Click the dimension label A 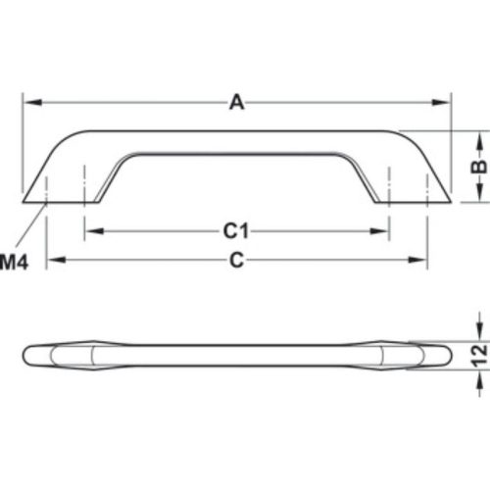pyautogui.click(x=235, y=101)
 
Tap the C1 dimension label pyautogui.click(x=233, y=231)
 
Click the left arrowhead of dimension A pyautogui.click(x=29, y=102)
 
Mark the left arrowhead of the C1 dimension pyautogui.click(x=91, y=232)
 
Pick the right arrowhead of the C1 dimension pyautogui.click(x=383, y=232)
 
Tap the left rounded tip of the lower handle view pyautogui.click(x=27, y=355)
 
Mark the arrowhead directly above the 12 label pyautogui.click(x=478, y=331)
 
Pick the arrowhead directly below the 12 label pyautogui.click(x=478, y=381)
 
